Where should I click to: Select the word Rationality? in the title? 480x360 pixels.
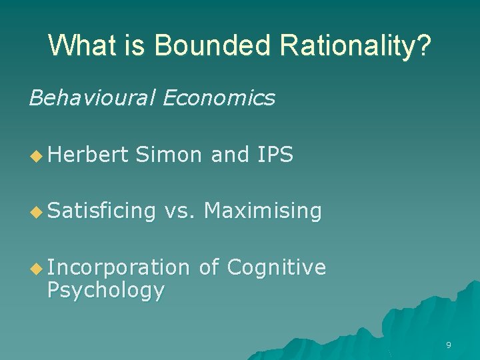(356, 47)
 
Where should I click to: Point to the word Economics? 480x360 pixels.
(219, 98)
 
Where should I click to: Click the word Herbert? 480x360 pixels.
(87, 155)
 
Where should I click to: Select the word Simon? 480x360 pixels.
(169, 155)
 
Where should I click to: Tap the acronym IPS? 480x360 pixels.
(274, 155)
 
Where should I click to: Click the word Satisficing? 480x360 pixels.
(101, 211)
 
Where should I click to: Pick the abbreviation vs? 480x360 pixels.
(180, 211)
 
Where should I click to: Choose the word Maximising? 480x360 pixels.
(263, 211)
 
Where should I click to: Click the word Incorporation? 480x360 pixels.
(119, 268)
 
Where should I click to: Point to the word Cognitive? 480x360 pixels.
(276, 268)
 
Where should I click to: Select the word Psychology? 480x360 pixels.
(105, 291)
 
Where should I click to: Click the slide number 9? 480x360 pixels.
(448, 345)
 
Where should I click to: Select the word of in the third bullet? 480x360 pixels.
(209, 268)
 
